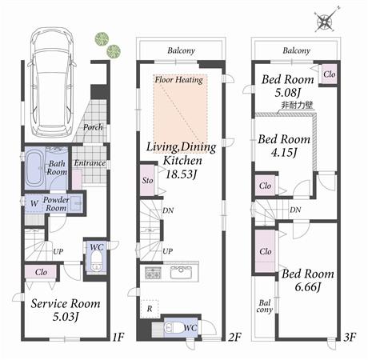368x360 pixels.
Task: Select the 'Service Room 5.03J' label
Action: point(66,310)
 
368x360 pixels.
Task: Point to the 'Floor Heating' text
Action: point(179,80)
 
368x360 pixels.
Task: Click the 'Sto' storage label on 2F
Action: point(147,181)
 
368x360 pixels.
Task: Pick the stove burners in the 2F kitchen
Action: point(152,273)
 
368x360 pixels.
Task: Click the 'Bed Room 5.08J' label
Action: point(286,86)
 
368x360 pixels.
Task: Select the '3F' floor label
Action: point(349,337)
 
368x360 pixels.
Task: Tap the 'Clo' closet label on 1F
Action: point(39,272)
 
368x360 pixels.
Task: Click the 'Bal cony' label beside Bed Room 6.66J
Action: point(264,306)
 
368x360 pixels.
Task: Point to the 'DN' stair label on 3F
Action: point(295,210)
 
